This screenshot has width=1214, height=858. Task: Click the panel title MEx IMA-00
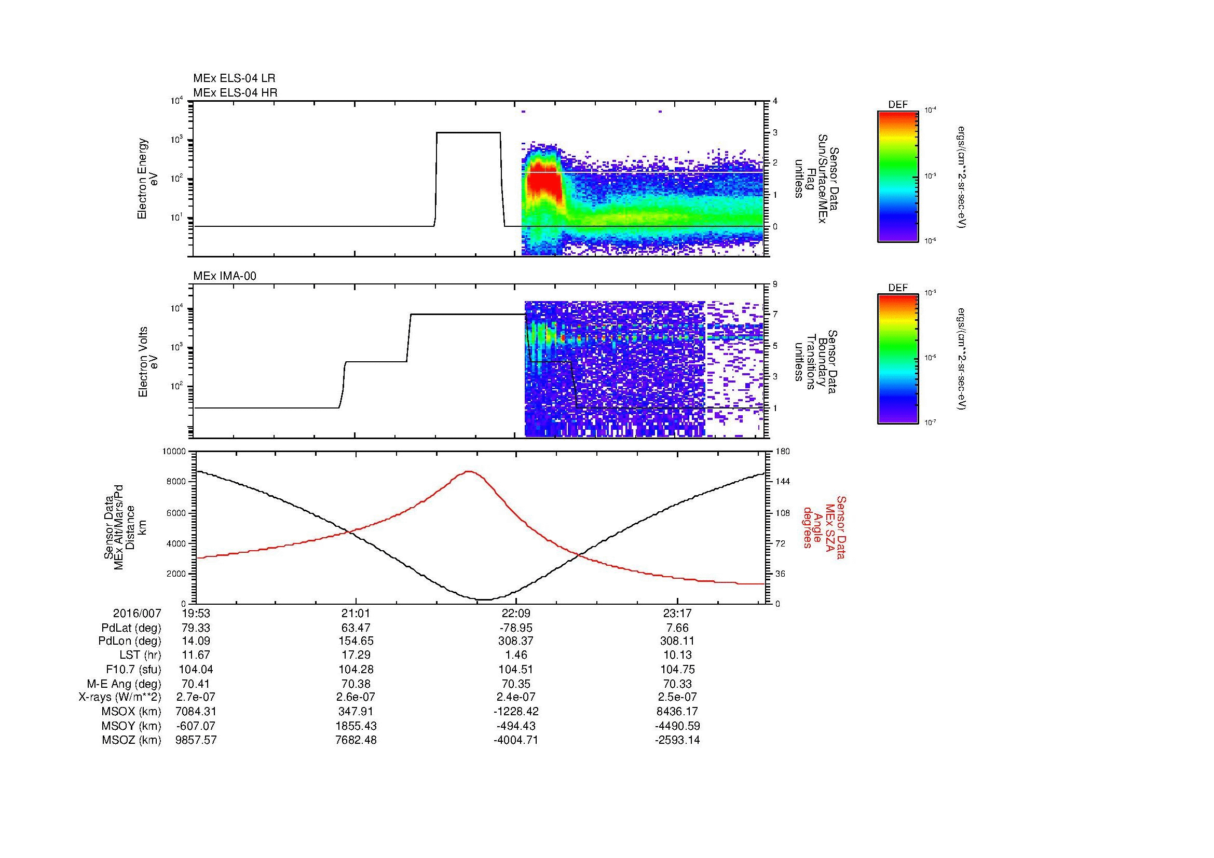point(225,276)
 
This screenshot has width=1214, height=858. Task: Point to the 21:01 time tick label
point(356,613)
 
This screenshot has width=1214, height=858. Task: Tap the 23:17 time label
point(677,613)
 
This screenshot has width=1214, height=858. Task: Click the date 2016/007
point(137,613)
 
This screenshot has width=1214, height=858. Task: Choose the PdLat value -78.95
point(515,628)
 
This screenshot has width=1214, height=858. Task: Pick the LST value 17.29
point(356,655)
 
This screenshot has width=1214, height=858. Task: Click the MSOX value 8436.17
point(677,712)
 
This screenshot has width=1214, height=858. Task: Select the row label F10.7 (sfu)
point(133,669)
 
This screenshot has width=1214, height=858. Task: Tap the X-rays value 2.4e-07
point(515,697)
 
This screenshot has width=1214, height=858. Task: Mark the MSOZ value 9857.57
point(196,740)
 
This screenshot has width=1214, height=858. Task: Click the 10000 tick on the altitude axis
point(174,452)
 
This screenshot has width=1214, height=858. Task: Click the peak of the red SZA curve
point(469,471)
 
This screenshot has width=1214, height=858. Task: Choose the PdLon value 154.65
point(356,641)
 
